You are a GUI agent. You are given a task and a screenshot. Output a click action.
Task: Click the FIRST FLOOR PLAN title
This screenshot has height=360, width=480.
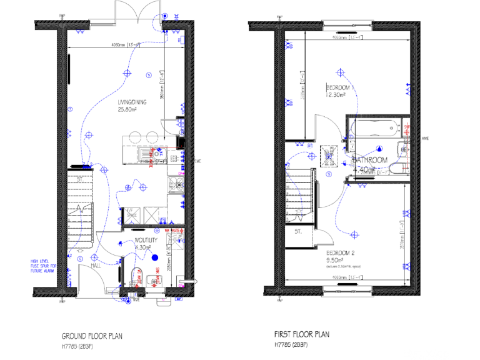tap(301, 334)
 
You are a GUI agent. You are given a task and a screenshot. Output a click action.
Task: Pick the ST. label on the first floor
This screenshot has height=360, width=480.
tap(297, 232)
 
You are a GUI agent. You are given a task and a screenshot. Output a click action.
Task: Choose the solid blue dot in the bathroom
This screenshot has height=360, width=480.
tap(379, 149)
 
